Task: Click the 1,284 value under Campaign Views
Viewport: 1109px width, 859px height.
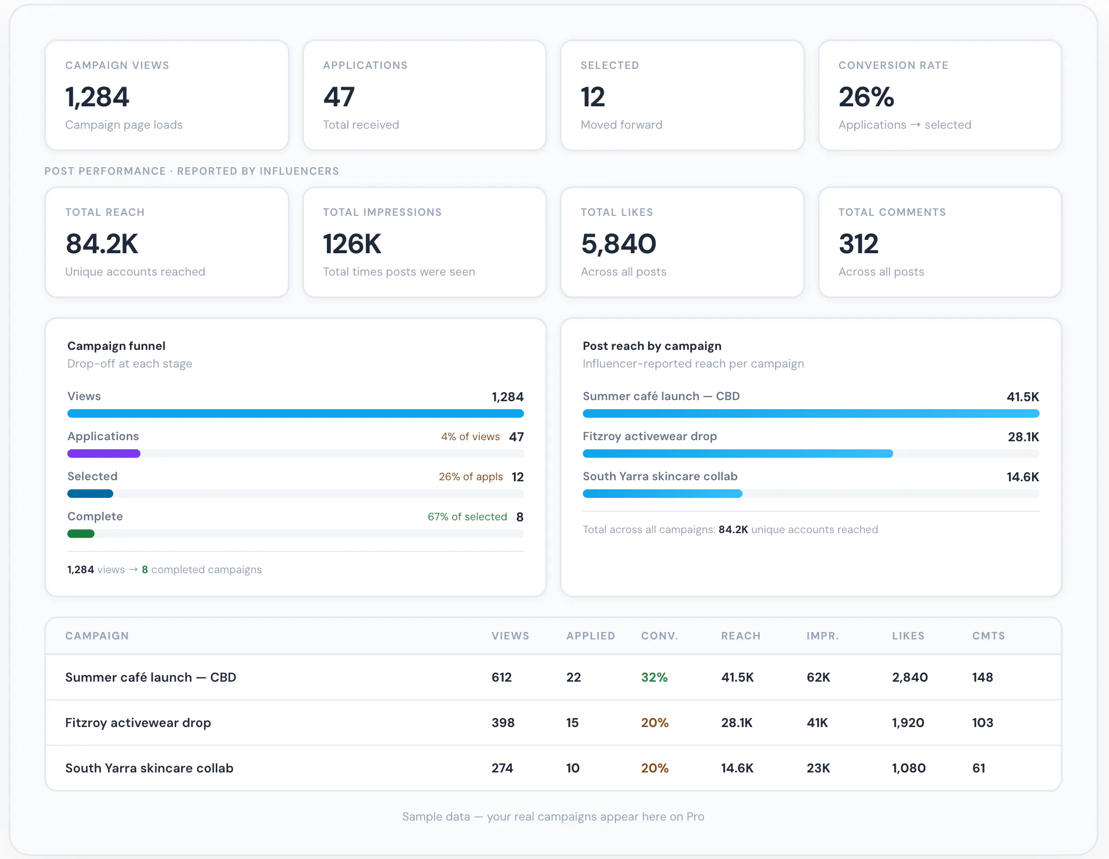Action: pyautogui.click(x=97, y=97)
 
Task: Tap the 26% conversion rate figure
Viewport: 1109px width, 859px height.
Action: pyautogui.click(x=866, y=97)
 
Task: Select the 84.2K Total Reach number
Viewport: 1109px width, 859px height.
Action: pyautogui.click(x=102, y=244)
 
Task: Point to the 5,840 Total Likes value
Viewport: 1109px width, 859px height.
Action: pyautogui.click(x=619, y=244)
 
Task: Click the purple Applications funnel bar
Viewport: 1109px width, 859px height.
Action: pyautogui.click(x=104, y=454)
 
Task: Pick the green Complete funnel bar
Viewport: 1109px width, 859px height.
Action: pyautogui.click(x=81, y=534)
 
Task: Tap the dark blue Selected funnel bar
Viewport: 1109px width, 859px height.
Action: pyautogui.click(x=90, y=494)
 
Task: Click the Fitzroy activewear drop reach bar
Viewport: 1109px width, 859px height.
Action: pyautogui.click(x=738, y=454)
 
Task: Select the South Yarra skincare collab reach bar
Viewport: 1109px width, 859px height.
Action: pyautogui.click(x=662, y=494)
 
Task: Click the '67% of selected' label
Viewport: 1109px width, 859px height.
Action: pyautogui.click(x=467, y=517)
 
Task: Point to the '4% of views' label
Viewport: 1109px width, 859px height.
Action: pyautogui.click(x=471, y=436)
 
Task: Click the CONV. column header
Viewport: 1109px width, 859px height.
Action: pyautogui.click(x=659, y=636)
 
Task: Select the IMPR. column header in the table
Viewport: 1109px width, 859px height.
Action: pyautogui.click(x=823, y=636)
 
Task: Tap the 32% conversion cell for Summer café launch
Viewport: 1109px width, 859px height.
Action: pyautogui.click(x=654, y=677)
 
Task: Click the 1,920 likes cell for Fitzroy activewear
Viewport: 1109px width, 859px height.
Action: pyautogui.click(x=908, y=723)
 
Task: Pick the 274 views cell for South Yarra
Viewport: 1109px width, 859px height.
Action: pyautogui.click(x=502, y=768)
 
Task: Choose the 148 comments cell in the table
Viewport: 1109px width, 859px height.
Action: pyautogui.click(x=982, y=677)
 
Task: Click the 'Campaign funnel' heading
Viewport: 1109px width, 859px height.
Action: pyautogui.click(x=116, y=346)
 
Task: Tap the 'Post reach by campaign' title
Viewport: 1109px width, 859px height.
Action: pyautogui.click(x=652, y=346)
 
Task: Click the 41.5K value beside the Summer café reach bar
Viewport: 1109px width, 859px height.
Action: pyautogui.click(x=1022, y=397)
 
